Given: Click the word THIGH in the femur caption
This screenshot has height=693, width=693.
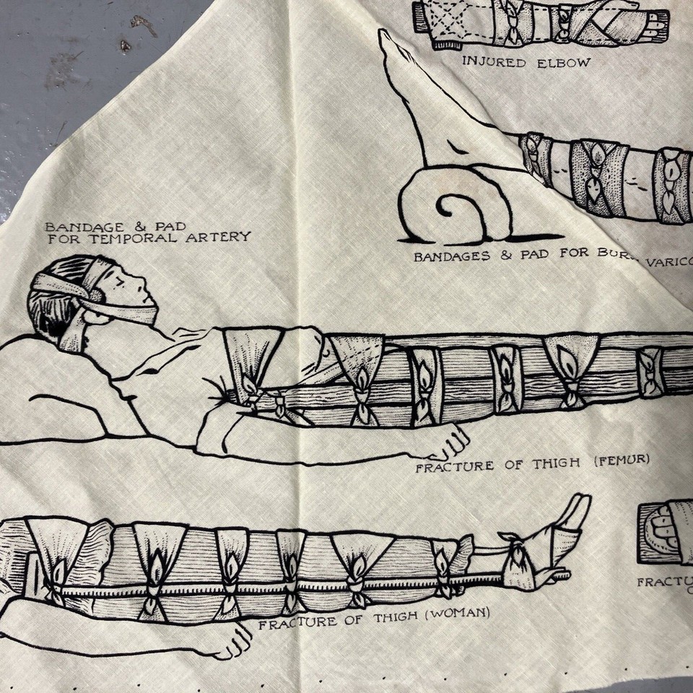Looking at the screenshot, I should click(557, 463).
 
